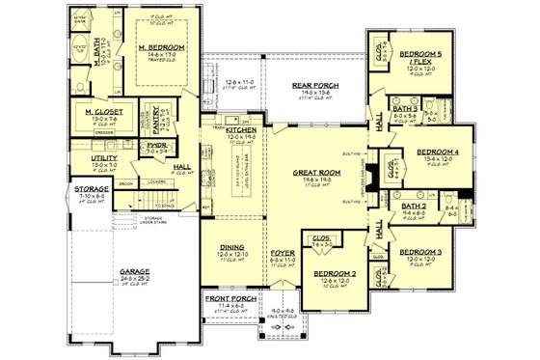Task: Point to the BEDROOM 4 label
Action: click(x=436, y=152)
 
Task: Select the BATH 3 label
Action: click(x=406, y=112)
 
